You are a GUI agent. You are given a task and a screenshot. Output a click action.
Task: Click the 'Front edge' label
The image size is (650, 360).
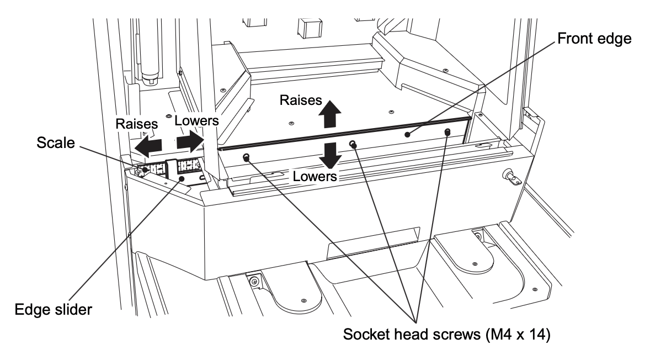(594, 39)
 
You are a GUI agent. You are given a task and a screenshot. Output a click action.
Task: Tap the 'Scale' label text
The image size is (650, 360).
(56, 142)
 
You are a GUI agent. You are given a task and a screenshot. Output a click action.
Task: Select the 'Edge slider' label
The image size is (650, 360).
(53, 309)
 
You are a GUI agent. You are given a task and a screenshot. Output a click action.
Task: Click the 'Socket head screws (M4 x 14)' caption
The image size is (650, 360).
(447, 334)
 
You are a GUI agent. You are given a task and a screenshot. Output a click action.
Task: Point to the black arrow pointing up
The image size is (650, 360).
(330, 114)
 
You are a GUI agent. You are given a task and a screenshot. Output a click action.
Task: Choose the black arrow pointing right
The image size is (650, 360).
(189, 142)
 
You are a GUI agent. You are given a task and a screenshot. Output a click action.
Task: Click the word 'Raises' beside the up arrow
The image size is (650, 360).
(301, 100)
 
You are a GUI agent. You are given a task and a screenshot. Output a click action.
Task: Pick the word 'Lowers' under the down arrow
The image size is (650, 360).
(315, 176)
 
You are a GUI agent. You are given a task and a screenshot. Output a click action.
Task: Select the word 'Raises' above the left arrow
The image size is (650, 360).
(137, 124)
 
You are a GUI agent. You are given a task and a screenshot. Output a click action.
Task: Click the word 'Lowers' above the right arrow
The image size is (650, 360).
(196, 121)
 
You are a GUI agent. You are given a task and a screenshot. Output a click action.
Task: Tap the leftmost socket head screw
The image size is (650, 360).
(246, 157)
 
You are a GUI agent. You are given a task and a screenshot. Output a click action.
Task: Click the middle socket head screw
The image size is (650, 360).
(353, 144)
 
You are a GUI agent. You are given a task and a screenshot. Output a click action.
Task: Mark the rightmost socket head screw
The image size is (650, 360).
(447, 132)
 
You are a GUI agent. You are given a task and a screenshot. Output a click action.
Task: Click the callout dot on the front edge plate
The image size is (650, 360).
(408, 134)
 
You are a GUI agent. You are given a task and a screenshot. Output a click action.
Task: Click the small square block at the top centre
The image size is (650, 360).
(310, 28)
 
